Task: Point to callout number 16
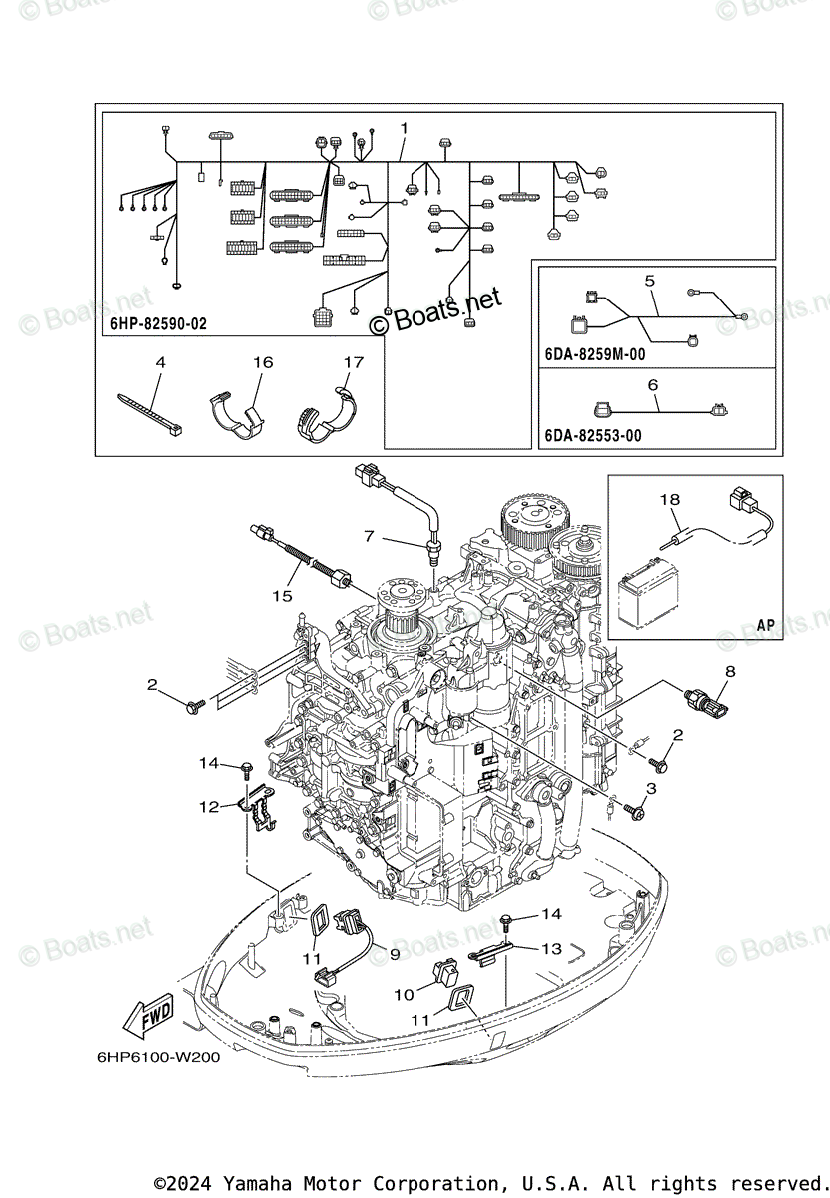262,363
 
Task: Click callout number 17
354,363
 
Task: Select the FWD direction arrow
147,1017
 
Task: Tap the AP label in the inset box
765,625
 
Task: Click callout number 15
283,596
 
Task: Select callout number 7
369,537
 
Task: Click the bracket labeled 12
257,809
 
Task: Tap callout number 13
551,949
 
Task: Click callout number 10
404,994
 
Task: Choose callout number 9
394,954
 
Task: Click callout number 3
651,789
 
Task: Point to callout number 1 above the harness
404,128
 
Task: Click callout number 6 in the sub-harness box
652,384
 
